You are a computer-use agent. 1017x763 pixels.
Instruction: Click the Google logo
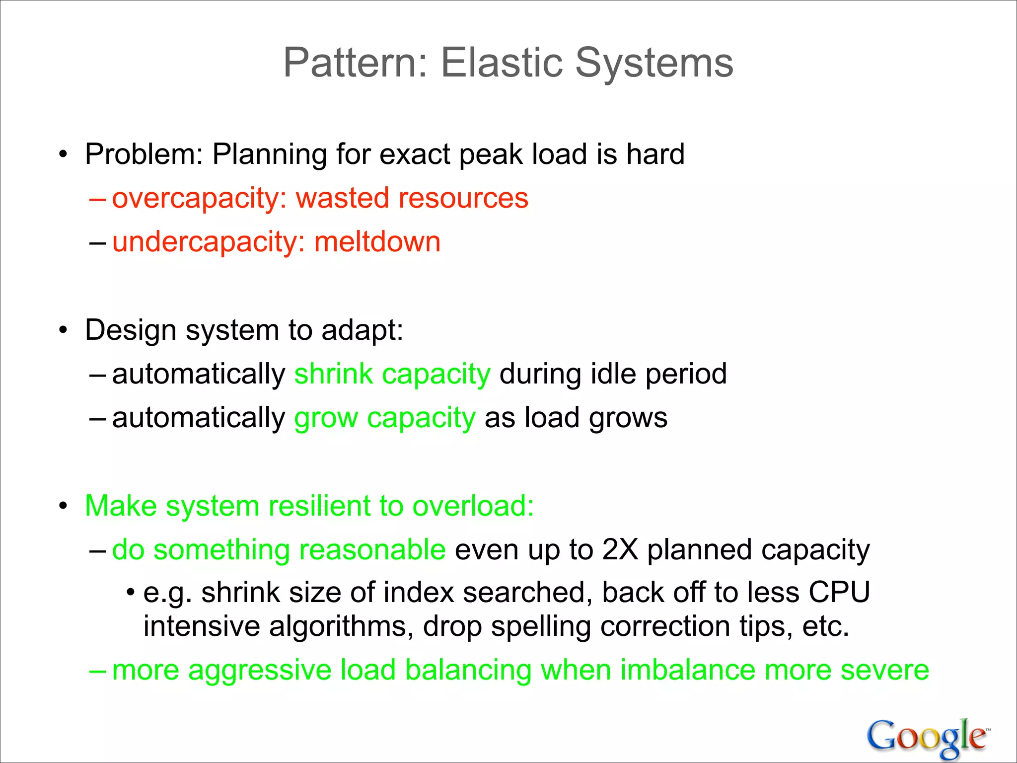click(x=928, y=737)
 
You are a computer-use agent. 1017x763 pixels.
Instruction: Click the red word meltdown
click(x=377, y=242)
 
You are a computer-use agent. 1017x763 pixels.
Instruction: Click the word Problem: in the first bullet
click(x=144, y=154)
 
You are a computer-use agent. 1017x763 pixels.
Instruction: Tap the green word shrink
click(x=333, y=374)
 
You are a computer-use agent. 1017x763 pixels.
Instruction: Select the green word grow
click(x=326, y=418)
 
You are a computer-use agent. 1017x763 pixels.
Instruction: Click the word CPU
click(x=839, y=593)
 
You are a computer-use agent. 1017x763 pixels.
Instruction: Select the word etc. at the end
click(x=825, y=627)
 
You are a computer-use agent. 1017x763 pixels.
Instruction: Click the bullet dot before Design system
click(x=63, y=331)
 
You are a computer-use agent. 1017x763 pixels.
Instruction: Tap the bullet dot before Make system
click(x=63, y=507)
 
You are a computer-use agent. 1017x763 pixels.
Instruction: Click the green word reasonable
click(x=372, y=550)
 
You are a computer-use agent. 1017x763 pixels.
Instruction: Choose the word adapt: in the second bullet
click(x=362, y=330)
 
